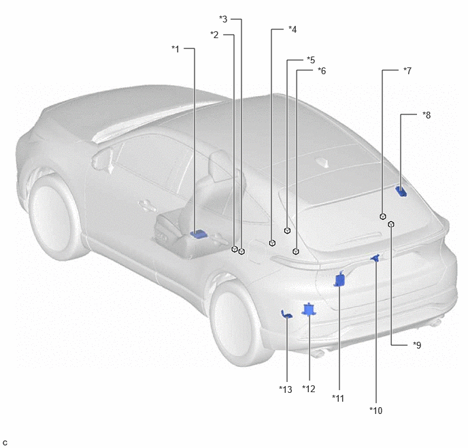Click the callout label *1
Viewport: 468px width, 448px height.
click(175, 49)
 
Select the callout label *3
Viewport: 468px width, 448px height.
click(223, 19)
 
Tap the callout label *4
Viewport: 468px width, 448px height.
click(292, 29)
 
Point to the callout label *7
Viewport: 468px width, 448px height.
click(407, 71)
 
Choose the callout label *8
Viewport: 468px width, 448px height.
click(427, 115)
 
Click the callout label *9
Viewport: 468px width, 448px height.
click(417, 345)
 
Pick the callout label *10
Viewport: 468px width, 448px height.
click(375, 411)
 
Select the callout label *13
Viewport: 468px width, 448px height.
click(286, 389)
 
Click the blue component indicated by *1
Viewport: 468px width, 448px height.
click(199, 234)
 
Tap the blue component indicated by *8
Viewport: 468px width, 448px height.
click(401, 191)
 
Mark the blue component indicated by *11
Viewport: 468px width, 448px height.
click(339, 279)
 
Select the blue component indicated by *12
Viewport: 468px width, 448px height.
click(309, 309)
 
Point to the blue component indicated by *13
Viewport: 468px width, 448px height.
click(286, 315)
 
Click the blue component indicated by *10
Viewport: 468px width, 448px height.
click(375, 258)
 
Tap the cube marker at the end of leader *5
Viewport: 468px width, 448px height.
click(287, 231)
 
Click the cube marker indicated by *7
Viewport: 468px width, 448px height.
click(383, 217)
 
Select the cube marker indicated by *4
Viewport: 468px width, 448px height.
click(272, 243)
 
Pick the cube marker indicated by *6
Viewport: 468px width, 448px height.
click(296, 251)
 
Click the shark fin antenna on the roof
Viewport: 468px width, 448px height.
click(323, 163)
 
